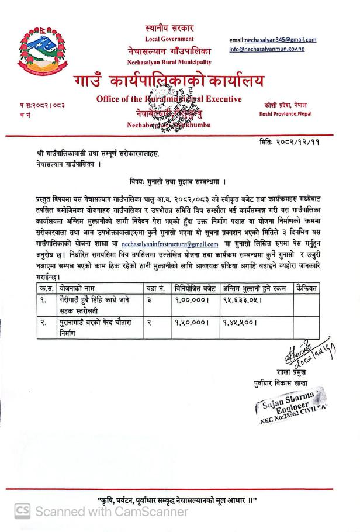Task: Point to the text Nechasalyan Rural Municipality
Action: pyautogui.click(x=169, y=62)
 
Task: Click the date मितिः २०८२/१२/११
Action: pyautogui.click(x=291, y=142)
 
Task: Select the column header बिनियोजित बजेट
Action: pyautogui.click(x=195, y=288)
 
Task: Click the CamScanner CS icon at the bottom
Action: pyautogui.click(x=22, y=511)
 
